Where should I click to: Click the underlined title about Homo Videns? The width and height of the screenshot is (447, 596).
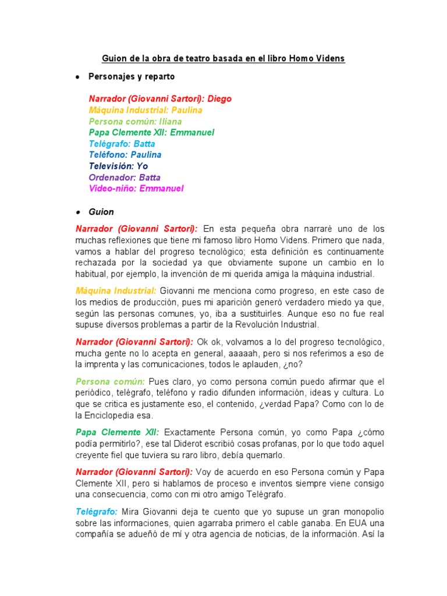pyautogui.click(x=223, y=59)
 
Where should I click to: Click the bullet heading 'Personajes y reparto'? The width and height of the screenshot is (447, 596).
pyautogui.click(x=131, y=76)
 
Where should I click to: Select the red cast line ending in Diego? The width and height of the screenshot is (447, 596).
pyautogui.click(x=160, y=99)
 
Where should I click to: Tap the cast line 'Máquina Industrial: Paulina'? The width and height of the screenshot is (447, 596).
pyautogui.click(x=146, y=110)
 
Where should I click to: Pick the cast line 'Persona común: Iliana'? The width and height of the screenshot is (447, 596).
pyautogui.click(x=135, y=122)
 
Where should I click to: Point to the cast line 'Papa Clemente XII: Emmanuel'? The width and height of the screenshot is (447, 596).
pyautogui.click(x=152, y=133)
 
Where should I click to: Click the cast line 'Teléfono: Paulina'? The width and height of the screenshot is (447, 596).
pyautogui.click(x=125, y=155)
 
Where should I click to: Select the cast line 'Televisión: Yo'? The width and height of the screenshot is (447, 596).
pyautogui.click(x=118, y=166)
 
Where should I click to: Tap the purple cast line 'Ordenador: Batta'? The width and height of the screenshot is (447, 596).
pyautogui.click(x=125, y=178)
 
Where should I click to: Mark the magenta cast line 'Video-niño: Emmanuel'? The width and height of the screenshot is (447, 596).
pyautogui.click(x=136, y=189)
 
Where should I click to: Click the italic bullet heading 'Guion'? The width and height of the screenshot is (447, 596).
pyautogui.click(x=101, y=212)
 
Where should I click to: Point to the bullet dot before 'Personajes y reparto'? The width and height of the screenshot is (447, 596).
pyautogui.click(x=77, y=77)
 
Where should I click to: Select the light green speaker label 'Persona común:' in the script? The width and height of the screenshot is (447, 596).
pyautogui.click(x=110, y=381)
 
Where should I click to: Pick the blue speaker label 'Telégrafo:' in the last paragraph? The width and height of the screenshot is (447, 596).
pyautogui.click(x=96, y=512)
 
